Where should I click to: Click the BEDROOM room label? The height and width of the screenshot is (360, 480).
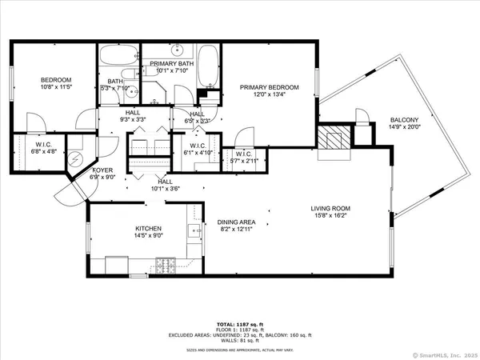[57, 80]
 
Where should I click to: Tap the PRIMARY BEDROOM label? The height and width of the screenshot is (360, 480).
[270, 87]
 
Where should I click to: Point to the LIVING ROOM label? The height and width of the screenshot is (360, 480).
[331, 210]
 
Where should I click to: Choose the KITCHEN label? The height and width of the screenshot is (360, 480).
[150, 229]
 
